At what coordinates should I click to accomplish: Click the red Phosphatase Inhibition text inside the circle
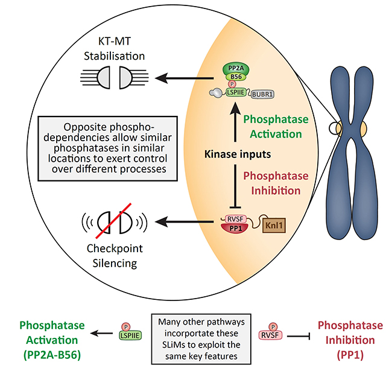281,182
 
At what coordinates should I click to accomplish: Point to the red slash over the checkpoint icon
114,222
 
